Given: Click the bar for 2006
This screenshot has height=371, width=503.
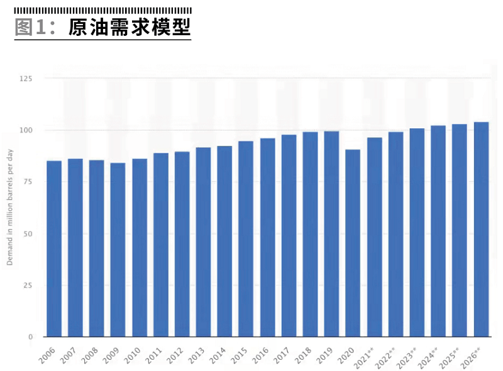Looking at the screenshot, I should tap(54, 248).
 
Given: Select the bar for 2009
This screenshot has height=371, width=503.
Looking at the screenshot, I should tap(118, 250).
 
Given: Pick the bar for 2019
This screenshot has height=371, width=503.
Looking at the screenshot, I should tap(331, 234).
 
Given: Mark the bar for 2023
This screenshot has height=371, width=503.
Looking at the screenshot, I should tap(417, 232).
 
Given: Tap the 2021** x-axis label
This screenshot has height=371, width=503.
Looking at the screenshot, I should tap(366, 357).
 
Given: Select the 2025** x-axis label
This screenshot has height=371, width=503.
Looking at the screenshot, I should tap(451, 357).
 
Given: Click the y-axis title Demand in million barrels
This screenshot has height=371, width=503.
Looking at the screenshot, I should tap(11, 208).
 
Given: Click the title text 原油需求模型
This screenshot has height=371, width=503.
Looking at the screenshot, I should tap(129, 28).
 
